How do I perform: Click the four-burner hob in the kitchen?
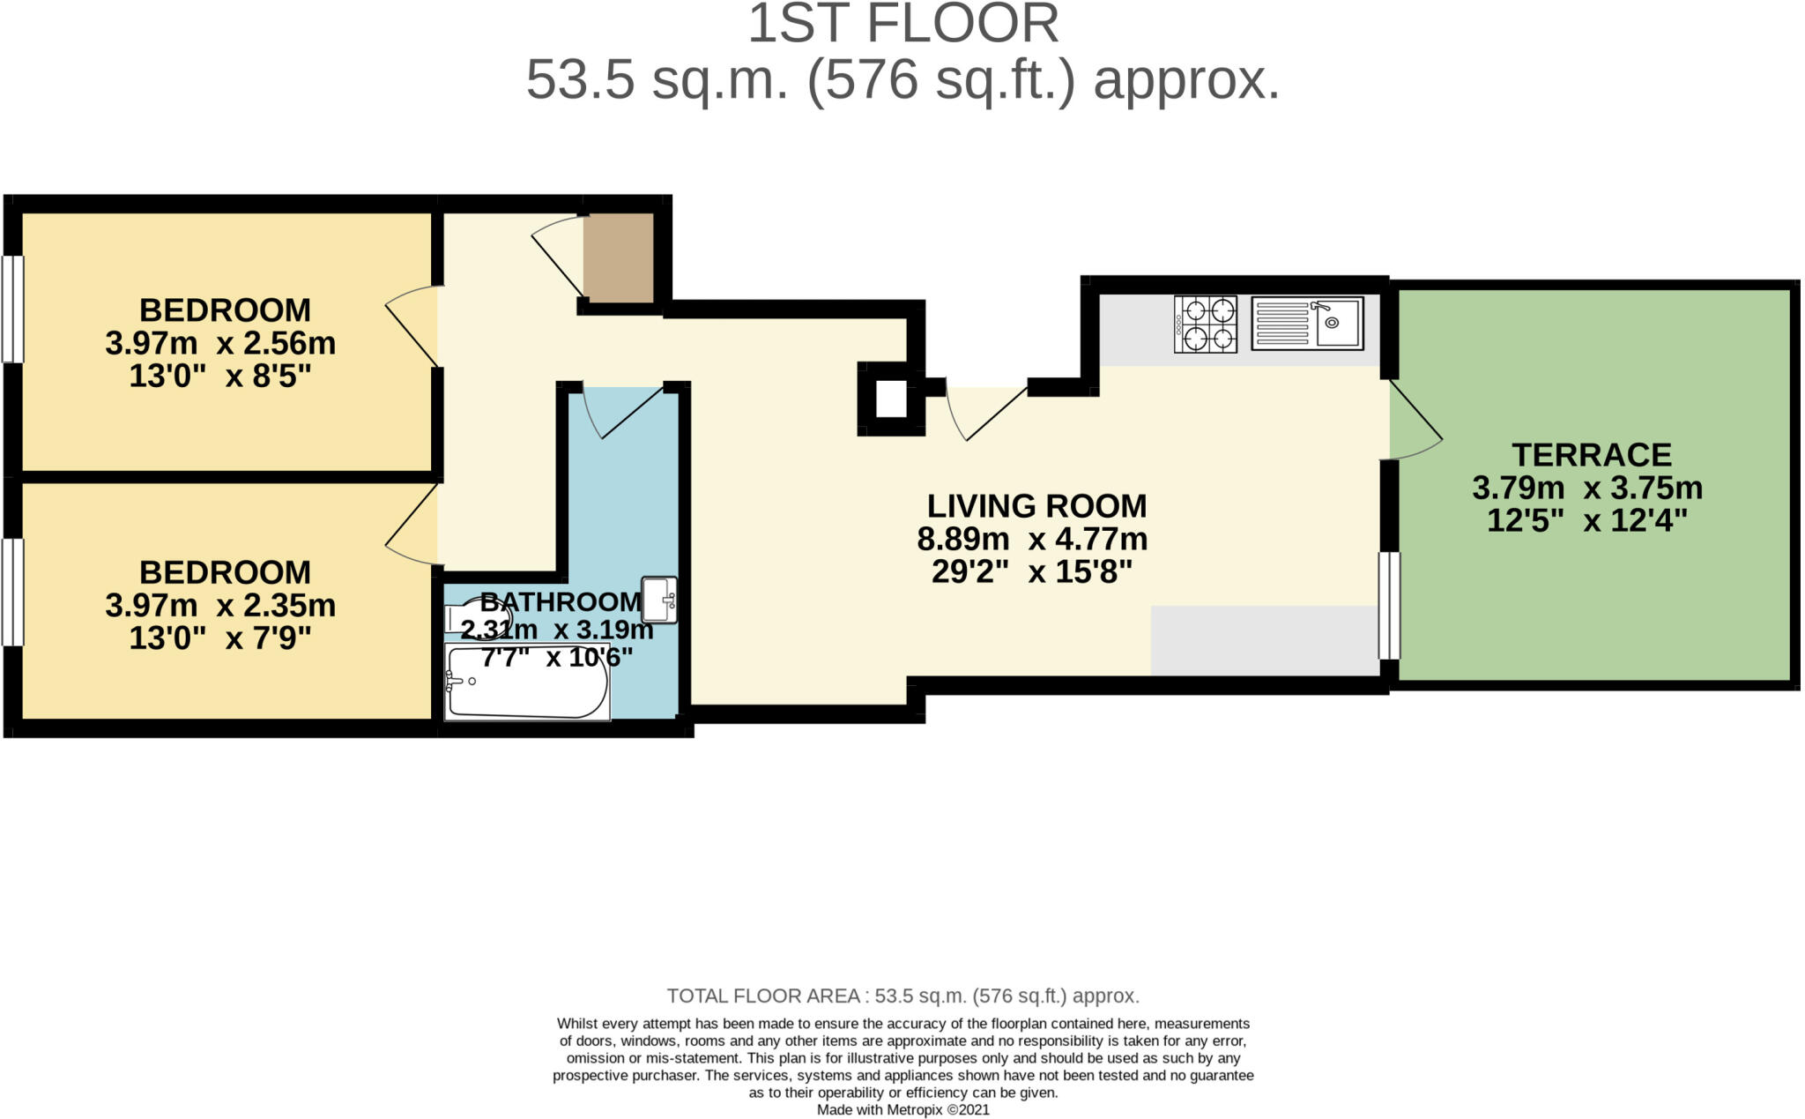1205,325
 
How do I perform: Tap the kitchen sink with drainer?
1307,323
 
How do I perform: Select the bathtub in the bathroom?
527,682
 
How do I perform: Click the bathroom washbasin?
659,600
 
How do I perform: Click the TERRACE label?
1592,455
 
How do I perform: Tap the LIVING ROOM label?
1036,506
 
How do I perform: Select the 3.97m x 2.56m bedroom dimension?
220,343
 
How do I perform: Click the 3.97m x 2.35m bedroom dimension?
220,606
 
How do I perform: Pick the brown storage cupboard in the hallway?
618,257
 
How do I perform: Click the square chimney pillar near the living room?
891,399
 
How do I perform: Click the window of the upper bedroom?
12,309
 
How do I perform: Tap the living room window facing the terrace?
1388,605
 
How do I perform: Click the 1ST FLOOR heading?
902,24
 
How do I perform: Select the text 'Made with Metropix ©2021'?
903,1110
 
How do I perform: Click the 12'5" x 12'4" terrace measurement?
1587,521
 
